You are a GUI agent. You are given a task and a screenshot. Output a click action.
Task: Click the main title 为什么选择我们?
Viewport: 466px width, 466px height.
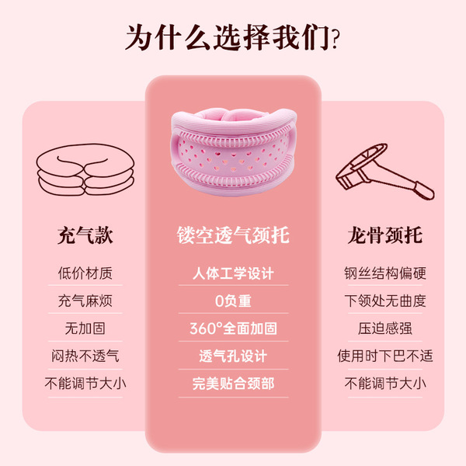pyautogui.click(x=232, y=38)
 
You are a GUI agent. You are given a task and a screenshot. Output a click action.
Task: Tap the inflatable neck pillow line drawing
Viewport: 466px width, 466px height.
pyautogui.click(x=85, y=169)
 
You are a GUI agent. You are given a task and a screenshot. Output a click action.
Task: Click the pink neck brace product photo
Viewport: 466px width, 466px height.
pyautogui.click(x=234, y=151)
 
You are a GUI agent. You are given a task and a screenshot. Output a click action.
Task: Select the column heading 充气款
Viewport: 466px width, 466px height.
pyautogui.click(x=85, y=235)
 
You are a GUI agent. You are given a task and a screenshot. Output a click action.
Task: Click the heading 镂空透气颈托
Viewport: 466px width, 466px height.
pyautogui.click(x=233, y=235)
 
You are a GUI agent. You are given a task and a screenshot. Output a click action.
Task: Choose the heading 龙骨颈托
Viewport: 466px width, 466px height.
pyautogui.click(x=385, y=235)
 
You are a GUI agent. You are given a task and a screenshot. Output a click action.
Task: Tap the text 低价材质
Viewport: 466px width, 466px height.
pyautogui.click(x=85, y=273)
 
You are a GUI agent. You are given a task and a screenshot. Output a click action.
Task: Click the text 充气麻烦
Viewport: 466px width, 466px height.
pyautogui.click(x=85, y=301)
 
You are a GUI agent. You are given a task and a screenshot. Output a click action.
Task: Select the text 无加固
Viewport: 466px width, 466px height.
pyautogui.click(x=85, y=329)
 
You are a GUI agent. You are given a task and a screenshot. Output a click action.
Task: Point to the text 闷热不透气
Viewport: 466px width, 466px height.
pyautogui.click(x=85, y=356)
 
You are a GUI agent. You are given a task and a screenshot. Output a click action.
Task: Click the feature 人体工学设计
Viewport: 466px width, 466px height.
pyautogui.click(x=233, y=273)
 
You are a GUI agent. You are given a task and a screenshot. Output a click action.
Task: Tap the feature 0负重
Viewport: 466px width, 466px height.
pyautogui.click(x=233, y=301)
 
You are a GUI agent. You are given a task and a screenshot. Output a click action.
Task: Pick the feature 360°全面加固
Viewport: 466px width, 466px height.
pyautogui.click(x=233, y=329)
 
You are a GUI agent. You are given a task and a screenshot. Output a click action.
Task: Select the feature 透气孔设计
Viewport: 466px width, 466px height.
pyautogui.click(x=233, y=356)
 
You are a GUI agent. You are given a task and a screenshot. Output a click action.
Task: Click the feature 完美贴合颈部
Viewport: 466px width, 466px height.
pyautogui.click(x=233, y=384)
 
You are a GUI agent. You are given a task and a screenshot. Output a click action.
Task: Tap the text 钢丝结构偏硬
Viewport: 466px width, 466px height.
pyautogui.click(x=385, y=273)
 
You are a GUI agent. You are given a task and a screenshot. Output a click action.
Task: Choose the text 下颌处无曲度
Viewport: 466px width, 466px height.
pyautogui.click(x=385, y=301)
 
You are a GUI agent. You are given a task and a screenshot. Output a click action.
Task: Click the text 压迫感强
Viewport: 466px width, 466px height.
pyautogui.click(x=385, y=329)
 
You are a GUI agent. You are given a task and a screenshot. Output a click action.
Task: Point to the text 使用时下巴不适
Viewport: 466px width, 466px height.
pyautogui.click(x=385, y=356)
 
